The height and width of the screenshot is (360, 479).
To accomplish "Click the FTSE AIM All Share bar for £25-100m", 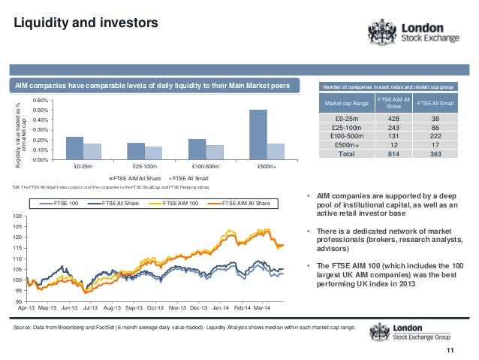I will pos(136,150).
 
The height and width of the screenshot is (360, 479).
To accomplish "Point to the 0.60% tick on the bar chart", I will pos(42,101).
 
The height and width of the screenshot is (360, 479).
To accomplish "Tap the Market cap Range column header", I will pos(345,102).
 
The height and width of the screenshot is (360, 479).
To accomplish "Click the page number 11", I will pos(450,351).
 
